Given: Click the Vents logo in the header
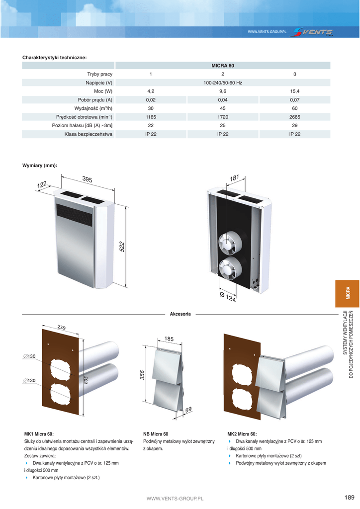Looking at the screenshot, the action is [x=313, y=32].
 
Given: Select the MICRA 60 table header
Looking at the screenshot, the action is [x=223, y=66].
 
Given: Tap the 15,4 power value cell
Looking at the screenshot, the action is [x=295, y=91].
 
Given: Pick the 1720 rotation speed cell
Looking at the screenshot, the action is [x=223, y=117].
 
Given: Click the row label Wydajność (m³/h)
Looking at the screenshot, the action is [x=93, y=108].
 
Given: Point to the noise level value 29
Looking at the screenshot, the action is [x=295, y=125].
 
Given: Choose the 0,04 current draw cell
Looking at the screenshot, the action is [x=223, y=99].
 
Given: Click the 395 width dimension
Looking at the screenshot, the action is [x=87, y=179].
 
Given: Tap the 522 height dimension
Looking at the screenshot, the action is [x=122, y=247].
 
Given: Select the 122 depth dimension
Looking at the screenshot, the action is [x=42, y=185].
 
